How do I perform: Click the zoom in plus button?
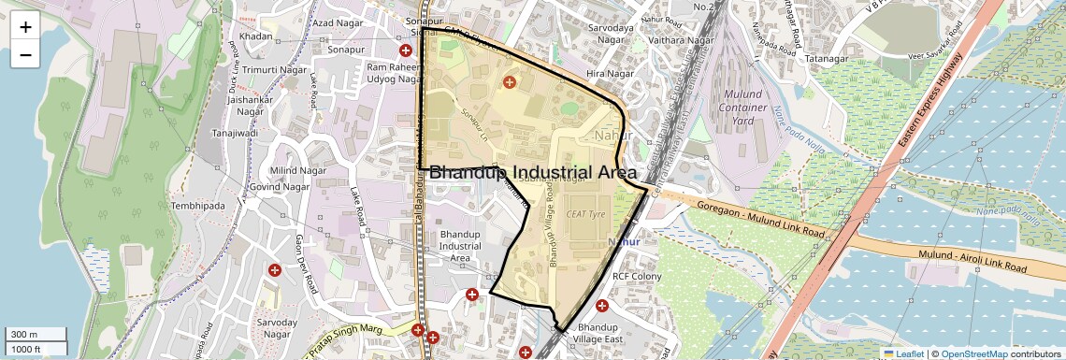pyautogui.click(x=25, y=27)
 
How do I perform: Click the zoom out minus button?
pyautogui.click(x=25, y=55)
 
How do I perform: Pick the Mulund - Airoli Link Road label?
pyautogui.click(x=972, y=261)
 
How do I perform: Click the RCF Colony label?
pyautogui.click(x=637, y=277)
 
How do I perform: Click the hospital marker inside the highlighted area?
pyautogui.click(x=510, y=83)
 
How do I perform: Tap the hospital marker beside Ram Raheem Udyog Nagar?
pyautogui.click(x=406, y=50)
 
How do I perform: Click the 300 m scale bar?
pyautogui.click(x=35, y=335)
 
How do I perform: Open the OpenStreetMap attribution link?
pyautogui.click(x=973, y=354)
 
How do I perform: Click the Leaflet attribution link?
pyautogui.click(x=903, y=354)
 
